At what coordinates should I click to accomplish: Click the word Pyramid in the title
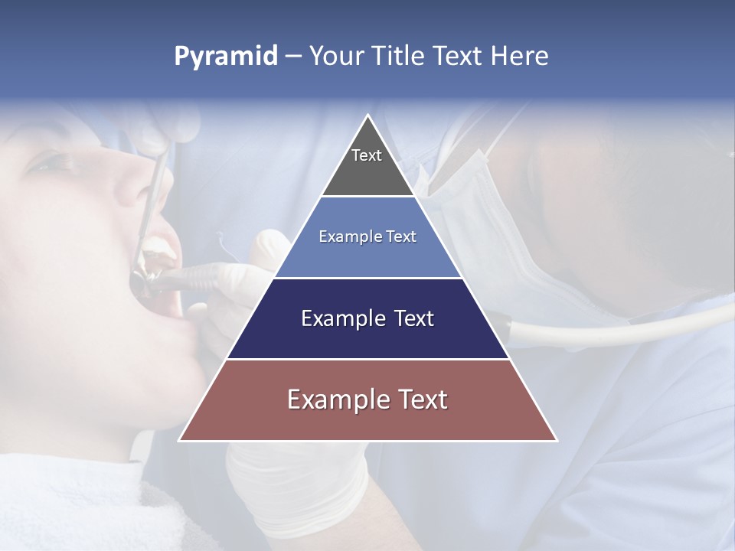coord(226,57)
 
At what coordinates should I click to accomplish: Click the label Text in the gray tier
coord(367,155)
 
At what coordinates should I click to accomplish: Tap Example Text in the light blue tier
coord(367,236)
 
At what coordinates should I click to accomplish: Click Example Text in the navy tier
coord(367,318)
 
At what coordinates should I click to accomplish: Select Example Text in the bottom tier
coord(367,399)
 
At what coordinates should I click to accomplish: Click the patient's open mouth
coord(161,275)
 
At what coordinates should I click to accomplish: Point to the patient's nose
coord(130,180)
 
